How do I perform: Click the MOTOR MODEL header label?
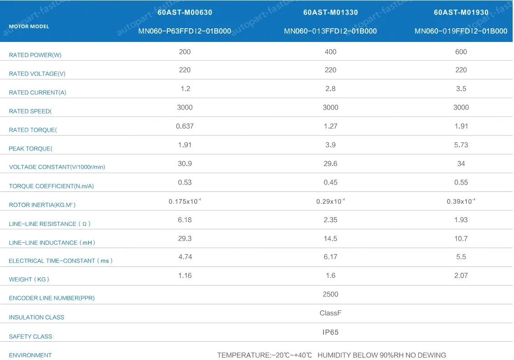pos(29,26)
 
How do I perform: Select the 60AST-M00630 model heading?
pos(185,12)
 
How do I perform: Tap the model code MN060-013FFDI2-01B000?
pos(330,31)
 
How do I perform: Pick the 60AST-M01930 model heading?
pos(461,12)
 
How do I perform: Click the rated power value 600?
pos(461,52)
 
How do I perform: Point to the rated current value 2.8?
pos(330,89)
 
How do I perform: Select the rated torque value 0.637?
pos(185,126)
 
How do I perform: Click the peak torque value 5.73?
pos(461,145)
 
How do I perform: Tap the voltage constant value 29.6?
pos(330,164)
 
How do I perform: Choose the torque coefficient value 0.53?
pos(185,182)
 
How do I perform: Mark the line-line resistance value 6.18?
pos(185,220)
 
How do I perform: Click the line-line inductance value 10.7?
pos(461,238)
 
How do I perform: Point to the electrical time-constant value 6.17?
pos(330,257)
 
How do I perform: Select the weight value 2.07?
pos(461,276)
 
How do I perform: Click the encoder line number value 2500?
pos(330,294)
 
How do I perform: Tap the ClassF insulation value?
pos(330,313)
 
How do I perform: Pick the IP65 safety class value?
pos(330,332)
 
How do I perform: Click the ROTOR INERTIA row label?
pos(42,205)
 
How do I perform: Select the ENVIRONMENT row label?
pos(30,355)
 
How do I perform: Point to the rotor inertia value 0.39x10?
pos(461,201)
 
